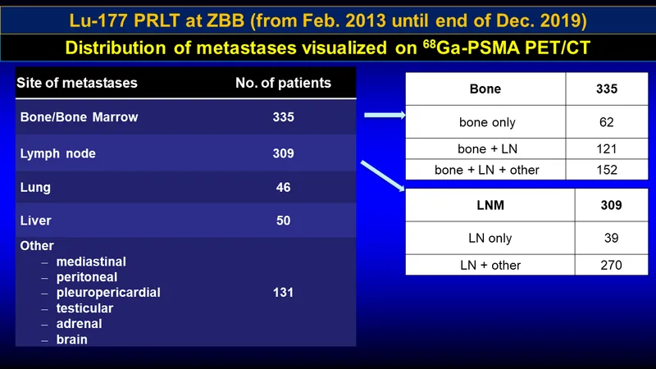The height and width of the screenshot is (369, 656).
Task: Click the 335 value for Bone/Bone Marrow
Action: pos(283,117)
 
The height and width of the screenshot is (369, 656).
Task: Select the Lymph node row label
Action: pos(57,154)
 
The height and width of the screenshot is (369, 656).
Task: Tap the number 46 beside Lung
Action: pos(283,188)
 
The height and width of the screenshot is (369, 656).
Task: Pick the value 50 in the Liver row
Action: pos(283,221)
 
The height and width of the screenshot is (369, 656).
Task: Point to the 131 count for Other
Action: pos(283,293)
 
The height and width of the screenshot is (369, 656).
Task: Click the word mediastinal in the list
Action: pos(91,262)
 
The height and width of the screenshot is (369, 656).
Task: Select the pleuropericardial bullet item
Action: pos(108,293)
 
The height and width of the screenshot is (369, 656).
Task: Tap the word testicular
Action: pos(84,308)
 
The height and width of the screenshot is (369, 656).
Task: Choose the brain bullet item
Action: pos(72,339)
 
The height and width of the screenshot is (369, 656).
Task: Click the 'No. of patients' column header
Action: pos(283,83)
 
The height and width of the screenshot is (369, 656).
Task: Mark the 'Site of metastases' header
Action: pos(77,83)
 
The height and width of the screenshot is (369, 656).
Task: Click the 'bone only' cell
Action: pos(487,122)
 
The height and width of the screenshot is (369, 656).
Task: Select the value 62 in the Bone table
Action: pos(606,122)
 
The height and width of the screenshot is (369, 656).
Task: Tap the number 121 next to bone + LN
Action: pos(606,149)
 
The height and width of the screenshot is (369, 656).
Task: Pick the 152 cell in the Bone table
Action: pos(606,170)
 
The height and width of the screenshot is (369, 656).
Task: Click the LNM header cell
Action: pos(490,206)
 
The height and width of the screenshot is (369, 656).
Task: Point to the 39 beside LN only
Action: pos(611,238)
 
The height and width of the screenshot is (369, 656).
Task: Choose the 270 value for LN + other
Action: pos(611,265)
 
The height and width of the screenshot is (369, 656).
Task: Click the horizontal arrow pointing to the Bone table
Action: pos(385,115)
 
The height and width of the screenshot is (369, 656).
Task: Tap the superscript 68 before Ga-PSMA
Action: pos(429,43)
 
